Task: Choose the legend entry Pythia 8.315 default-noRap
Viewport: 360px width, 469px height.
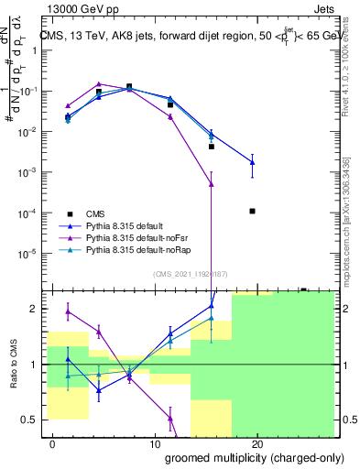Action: [138, 249]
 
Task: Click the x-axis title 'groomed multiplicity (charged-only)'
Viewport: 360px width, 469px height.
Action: [249, 456]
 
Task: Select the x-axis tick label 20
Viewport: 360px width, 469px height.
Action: [257, 443]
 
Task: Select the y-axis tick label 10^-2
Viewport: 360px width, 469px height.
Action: [27, 132]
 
